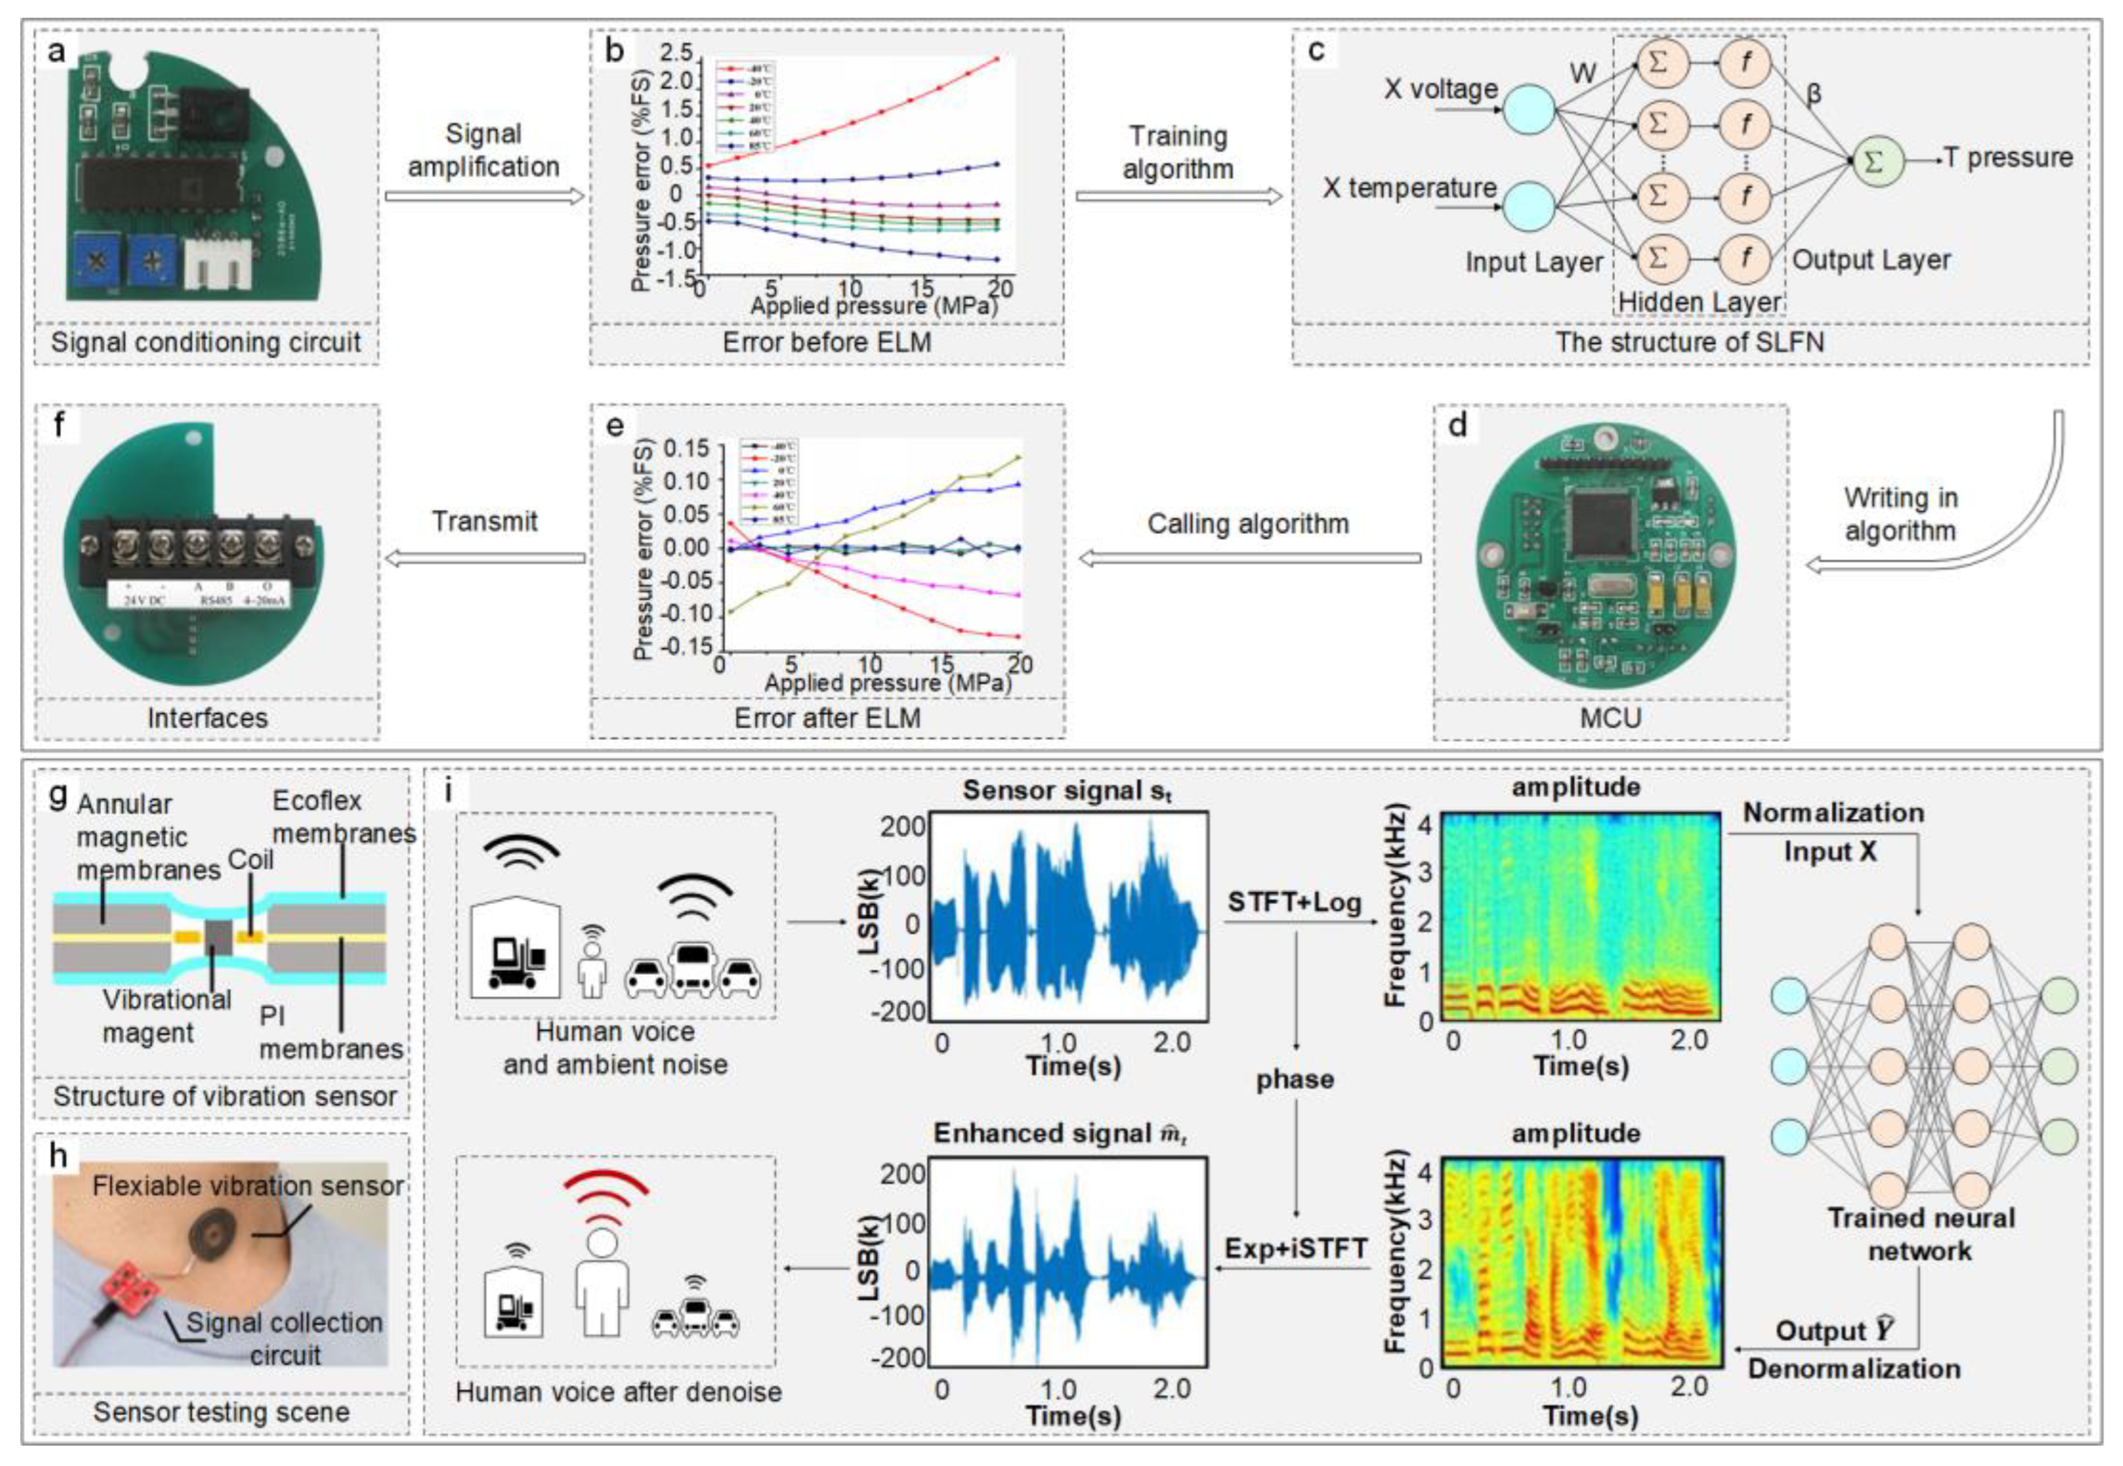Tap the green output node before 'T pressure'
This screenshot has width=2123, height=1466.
pyautogui.click(x=1873, y=162)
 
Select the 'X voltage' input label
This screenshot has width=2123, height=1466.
pyautogui.click(x=1440, y=90)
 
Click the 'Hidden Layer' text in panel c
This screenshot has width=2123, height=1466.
pyautogui.click(x=1699, y=301)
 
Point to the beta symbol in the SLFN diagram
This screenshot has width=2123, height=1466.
pyautogui.click(x=1813, y=94)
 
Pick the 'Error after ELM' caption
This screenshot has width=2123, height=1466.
pyautogui.click(x=827, y=717)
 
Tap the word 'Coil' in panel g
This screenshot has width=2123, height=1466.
pyautogui.click(x=250, y=860)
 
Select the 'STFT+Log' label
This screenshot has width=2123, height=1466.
pyautogui.click(x=1294, y=903)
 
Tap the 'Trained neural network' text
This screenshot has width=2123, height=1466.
pyautogui.click(x=1920, y=1234)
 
